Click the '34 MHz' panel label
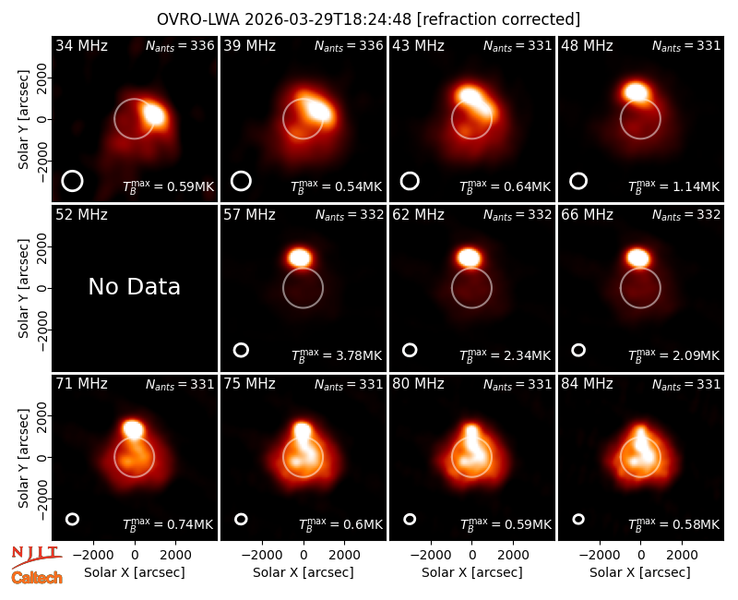click(x=81, y=45)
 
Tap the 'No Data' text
click(x=134, y=286)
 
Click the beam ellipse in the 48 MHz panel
click(x=578, y=181)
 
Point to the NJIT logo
click(x=36, y=557)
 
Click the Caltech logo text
click(x=37, y=578)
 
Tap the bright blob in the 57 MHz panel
click(x=300, y=258)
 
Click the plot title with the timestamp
click(x=368, y=19)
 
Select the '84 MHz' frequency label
click(x=587, y=384)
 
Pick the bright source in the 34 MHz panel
click(x=154, y=114)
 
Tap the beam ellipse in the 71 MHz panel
click(x=72, y=519)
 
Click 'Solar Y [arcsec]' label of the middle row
click(x=23, y=288)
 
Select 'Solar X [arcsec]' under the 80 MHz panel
click(x=472, y=572)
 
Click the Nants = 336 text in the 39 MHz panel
click(x=349, y=45)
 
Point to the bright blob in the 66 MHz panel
click(x=637, y=258)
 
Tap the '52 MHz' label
click(x=81, y=215)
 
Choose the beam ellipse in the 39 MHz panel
click(x=241, y=181)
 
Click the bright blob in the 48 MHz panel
click(x=636, y=90)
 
